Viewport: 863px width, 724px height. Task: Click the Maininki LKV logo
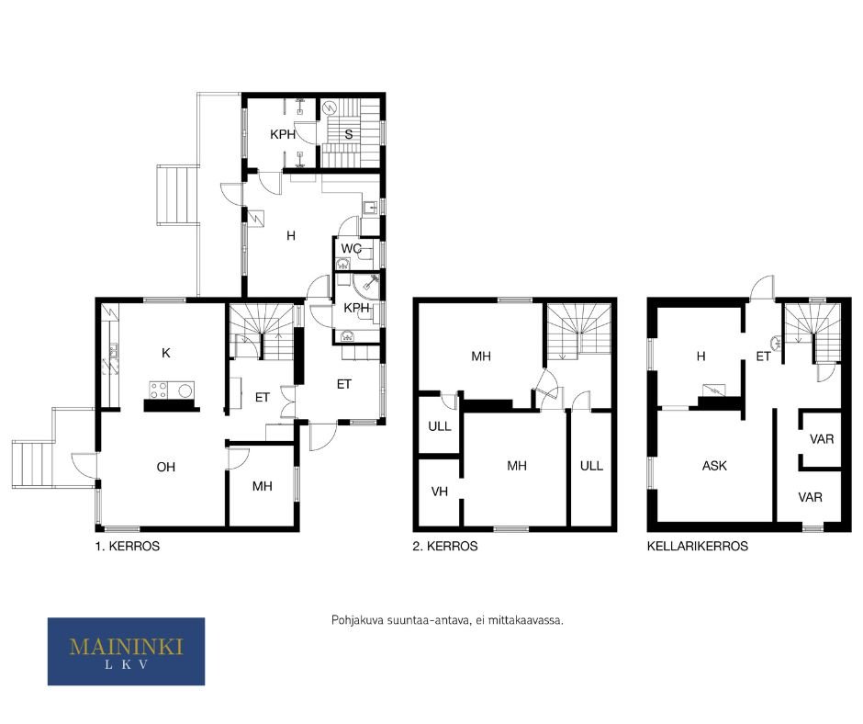point(126,651)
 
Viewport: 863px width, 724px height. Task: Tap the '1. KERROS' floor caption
point(127,546)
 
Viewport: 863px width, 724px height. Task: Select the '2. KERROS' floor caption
point(445,546)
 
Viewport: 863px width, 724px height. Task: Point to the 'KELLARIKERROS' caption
point(698,546)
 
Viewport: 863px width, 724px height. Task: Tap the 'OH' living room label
point(165,468)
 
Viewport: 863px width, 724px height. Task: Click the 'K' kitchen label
point(166,353)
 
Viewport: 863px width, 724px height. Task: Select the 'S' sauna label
point(348,134)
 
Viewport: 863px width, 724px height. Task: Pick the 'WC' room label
point(351,248)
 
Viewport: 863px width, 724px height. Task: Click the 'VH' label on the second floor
point(439,492)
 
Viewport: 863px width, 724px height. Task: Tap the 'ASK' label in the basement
point(714,466)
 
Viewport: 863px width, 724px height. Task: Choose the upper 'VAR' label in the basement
point(822,439)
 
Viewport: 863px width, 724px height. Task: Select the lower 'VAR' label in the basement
point(810,498)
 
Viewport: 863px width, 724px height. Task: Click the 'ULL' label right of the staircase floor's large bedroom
point(591,466)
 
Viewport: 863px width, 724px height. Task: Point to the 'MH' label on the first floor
point(263,486)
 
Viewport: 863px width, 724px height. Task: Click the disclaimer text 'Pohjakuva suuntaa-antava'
point(400,620)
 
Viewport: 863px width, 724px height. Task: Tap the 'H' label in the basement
point(700,356)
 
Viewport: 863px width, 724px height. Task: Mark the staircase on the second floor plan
point(578,331)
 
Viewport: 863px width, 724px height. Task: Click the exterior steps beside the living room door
point(34,465)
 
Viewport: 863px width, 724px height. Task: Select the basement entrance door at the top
point(762,288)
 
